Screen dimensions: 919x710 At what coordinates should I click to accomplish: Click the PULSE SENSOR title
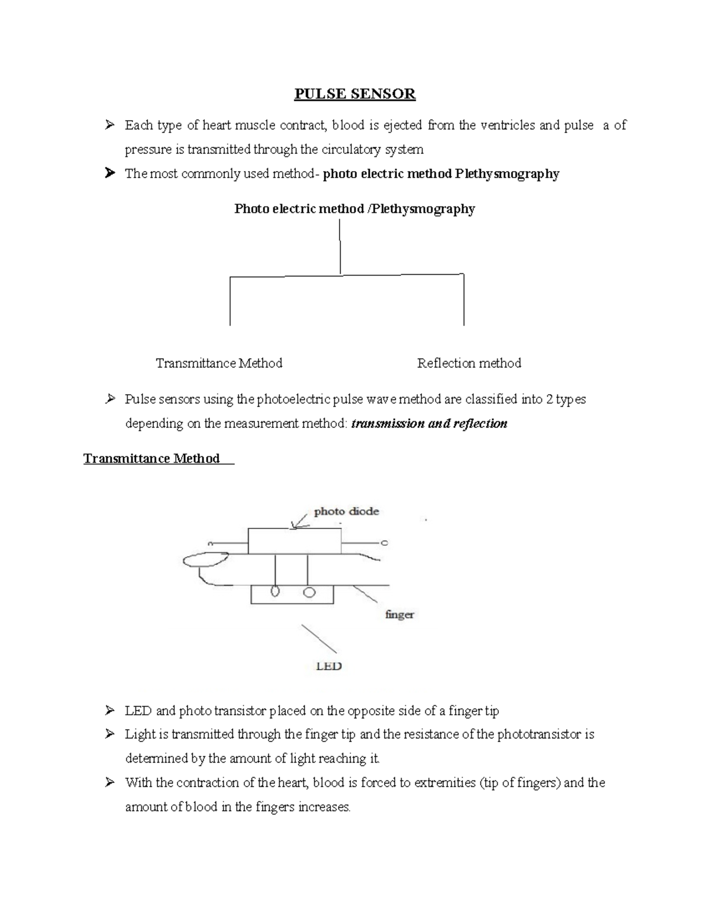click(355, 94)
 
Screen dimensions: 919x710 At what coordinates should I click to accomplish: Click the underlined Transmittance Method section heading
click(151, 459)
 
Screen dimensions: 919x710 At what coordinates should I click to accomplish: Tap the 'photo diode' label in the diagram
click(346, 511)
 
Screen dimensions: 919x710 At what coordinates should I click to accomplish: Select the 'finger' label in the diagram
click(399, 614)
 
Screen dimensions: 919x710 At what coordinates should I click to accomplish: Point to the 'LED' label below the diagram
click(329, 666)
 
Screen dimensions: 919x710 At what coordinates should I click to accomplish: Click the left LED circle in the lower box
click(275, 592)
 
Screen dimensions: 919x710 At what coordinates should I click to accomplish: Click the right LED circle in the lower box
click(309, 592)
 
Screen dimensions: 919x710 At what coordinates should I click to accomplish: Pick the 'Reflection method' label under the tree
click(469, 363)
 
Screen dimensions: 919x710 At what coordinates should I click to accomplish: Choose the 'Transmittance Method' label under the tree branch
click(219, 363)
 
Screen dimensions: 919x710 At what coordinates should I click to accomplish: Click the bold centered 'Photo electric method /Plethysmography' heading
click(354, 209)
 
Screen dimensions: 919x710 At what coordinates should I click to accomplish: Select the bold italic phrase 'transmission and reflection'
click(429, 424)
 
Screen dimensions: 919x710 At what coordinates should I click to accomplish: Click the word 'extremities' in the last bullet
click(448, 783)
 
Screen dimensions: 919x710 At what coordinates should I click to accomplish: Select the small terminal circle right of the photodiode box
click(384, 543)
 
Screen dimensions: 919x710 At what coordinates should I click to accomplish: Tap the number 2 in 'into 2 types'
click(550, 399)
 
